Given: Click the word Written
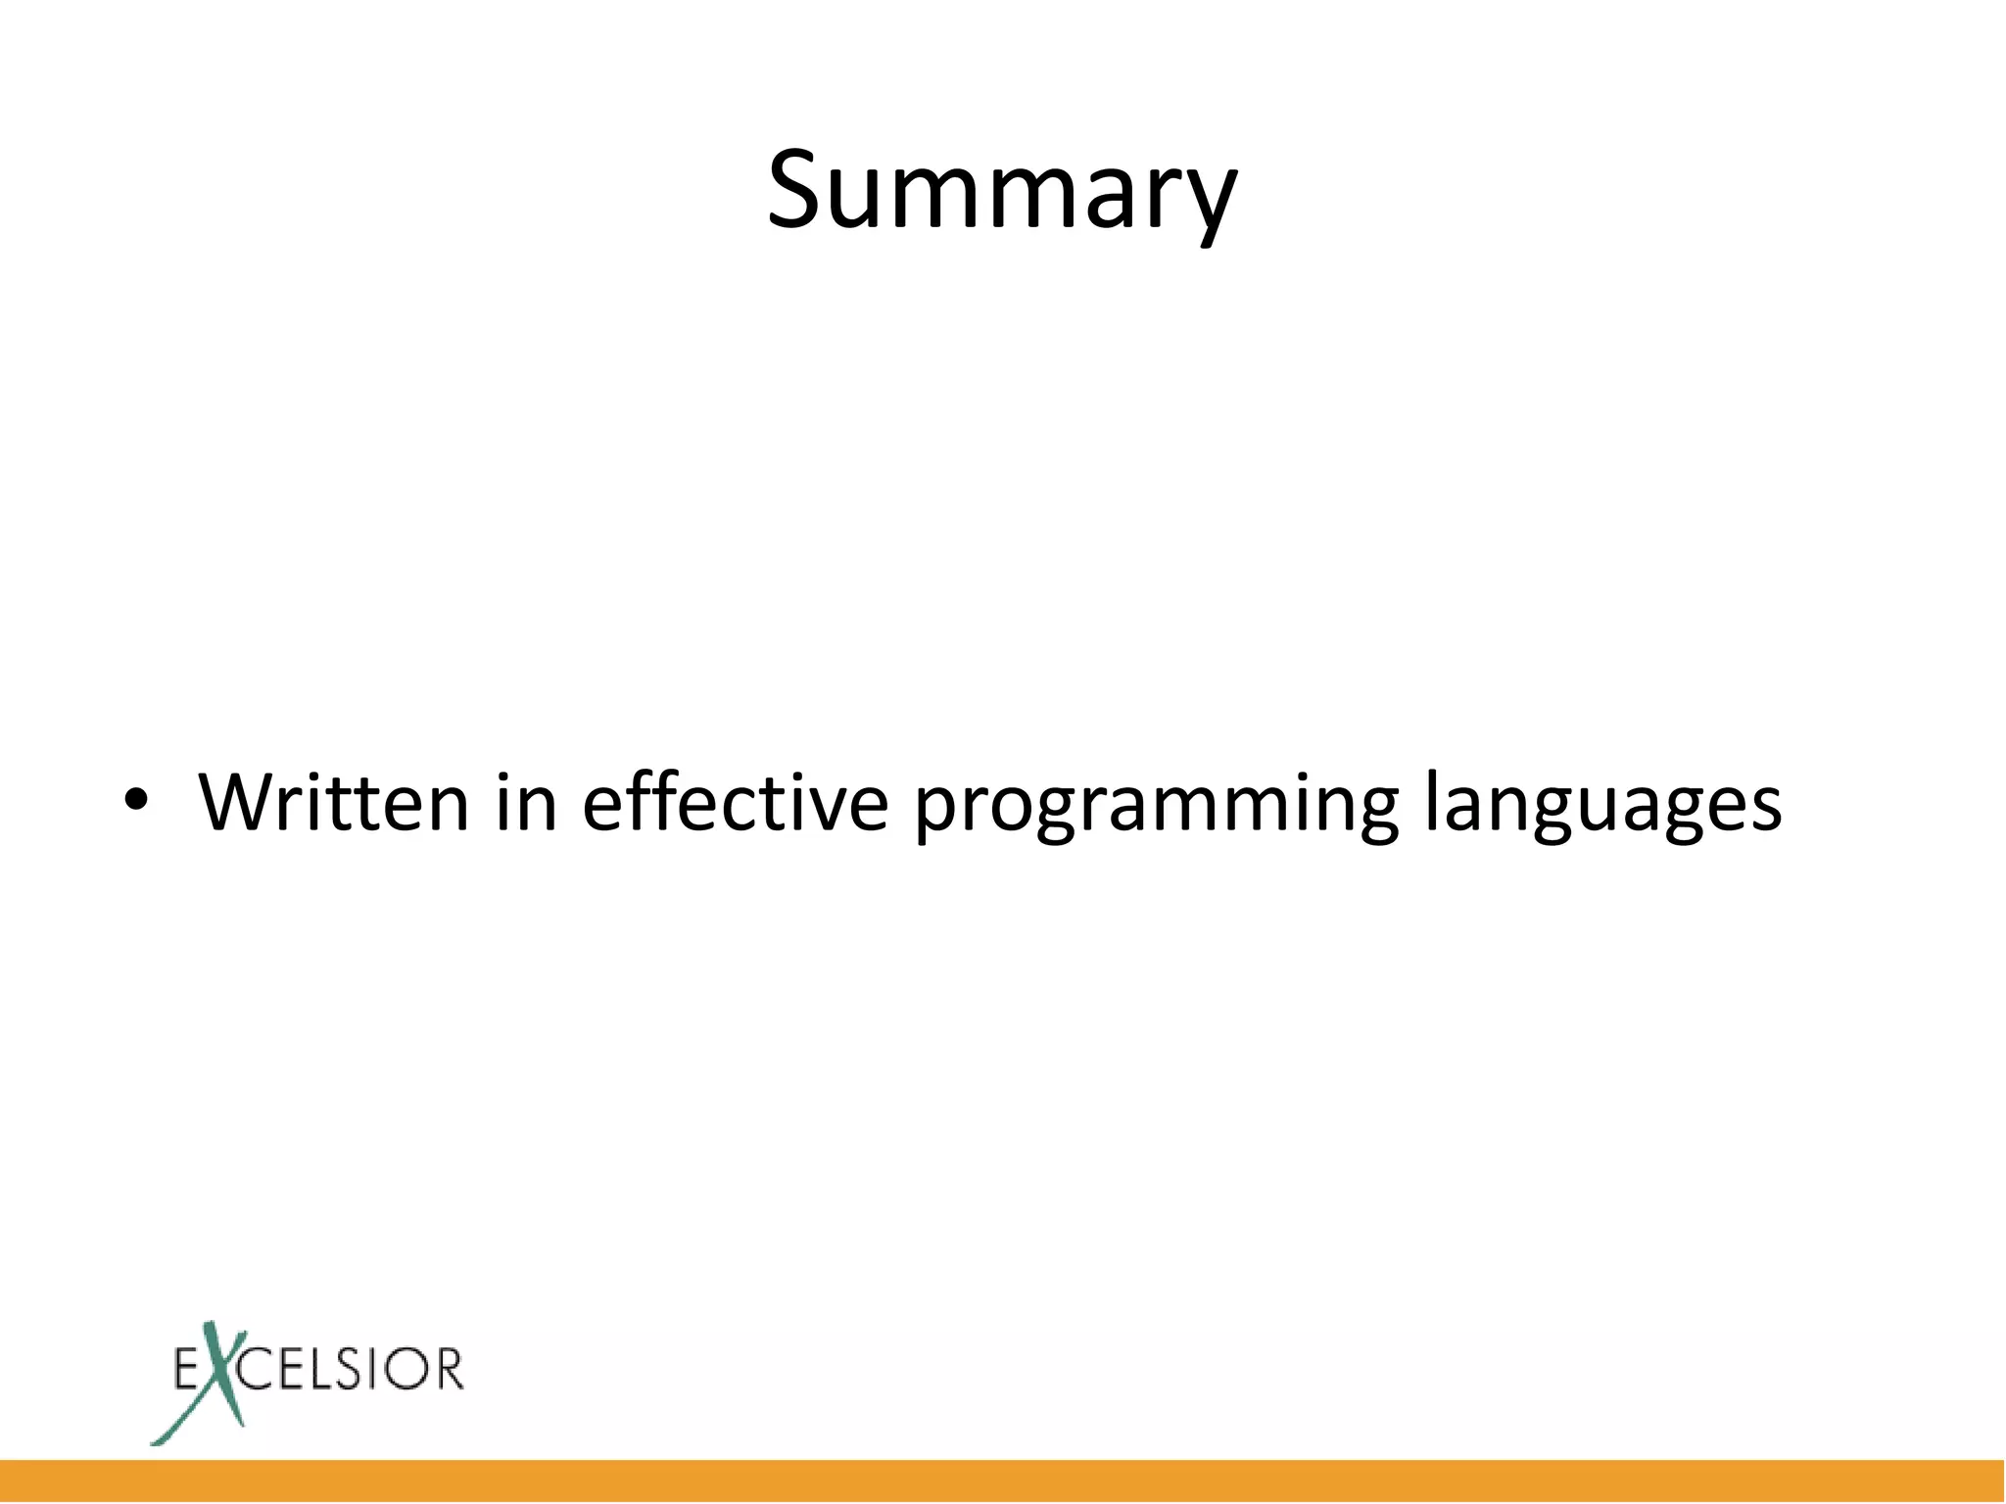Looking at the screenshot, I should coord(334,803).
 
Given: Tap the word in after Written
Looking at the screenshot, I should coord(526,803).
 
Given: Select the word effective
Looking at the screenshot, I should coord(735,803).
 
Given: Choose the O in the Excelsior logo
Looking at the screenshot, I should coord(408,1369).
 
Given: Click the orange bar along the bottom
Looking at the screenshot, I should coord(1003,1480).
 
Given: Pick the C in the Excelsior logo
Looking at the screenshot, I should coord(257,1369).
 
